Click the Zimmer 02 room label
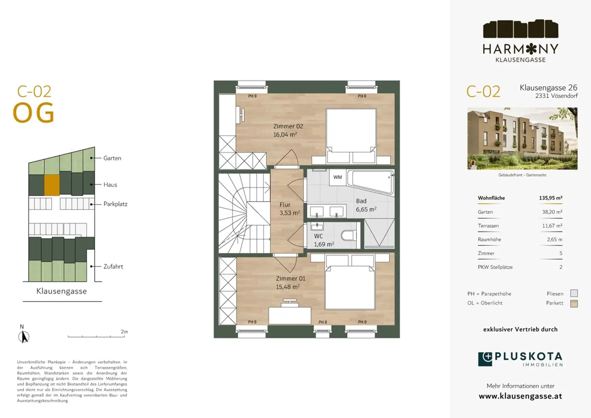[x=288, y=126]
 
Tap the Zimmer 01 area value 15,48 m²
[x=287, y=287]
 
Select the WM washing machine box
[x=337, y=177]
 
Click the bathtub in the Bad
[x=371, y=182]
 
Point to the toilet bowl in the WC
[x=348, y=235]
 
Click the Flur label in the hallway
[x=285, y=205]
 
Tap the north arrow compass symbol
[x=24, y=337]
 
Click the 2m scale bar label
[x=124, y=332]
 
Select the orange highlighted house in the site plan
[x=52, y=185]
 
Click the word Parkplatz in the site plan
[x=115, y=204]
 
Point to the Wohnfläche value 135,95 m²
[x=551, y=198]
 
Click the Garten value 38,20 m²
[x=552, y=212]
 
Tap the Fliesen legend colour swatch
[x=574, y=293]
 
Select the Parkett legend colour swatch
[x=574, y=304]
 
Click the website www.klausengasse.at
[x=520, y=396]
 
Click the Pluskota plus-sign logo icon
[x=485, y=359]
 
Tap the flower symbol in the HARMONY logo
[x=531, y=49]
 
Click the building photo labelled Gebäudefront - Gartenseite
[x=523, y=138]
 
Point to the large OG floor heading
[x=33, y=113]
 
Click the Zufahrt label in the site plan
[x=113, y=267]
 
